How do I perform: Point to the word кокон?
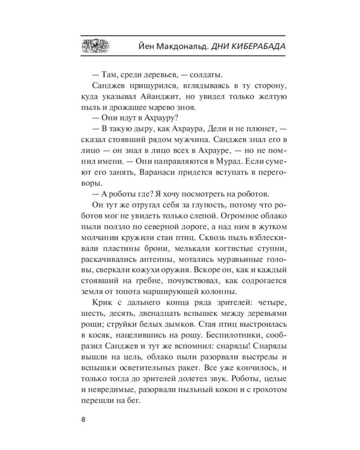pyautogui.click(x=233, y=388)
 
